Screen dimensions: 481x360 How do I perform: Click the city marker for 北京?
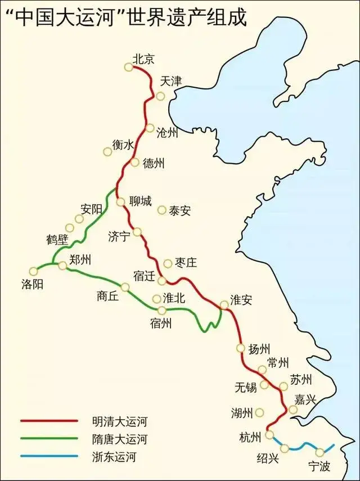tap(129, 67)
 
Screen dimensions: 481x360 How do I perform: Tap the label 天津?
tap(172, 80)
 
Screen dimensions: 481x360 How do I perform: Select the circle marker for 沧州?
tap(150, 128)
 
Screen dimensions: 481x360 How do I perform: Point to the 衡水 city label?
tap(123, 145)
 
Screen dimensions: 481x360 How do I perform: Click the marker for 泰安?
tap(162, 210)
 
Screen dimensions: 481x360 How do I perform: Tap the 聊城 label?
tap(140, 201)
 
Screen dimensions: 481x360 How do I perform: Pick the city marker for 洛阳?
tap(34, 271)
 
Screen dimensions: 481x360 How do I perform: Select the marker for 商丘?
tap(125, 287)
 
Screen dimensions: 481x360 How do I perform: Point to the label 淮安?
tap(241, 300)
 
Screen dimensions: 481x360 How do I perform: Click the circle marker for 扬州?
tap(241, 348)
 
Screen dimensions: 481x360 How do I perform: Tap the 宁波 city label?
tap(320, 465)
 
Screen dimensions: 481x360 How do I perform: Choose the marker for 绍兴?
tap(285, 448)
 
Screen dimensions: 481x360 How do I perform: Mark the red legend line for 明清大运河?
tap(49, 420)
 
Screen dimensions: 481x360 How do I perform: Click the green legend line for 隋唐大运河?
tap(49, 438)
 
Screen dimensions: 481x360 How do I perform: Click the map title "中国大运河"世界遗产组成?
tap(125, 16)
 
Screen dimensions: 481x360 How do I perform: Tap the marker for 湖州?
tap(259, 412)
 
